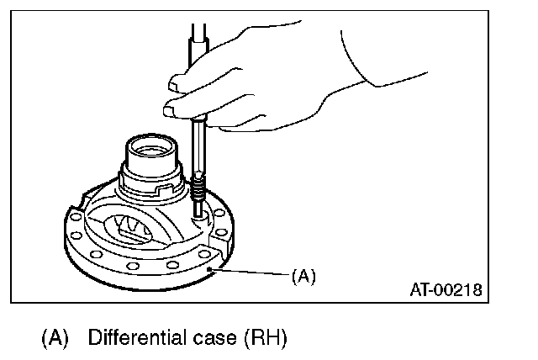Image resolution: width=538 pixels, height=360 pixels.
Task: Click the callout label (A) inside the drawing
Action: pyautogui.click(x=303, y=275)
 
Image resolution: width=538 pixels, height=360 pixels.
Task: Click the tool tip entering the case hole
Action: pyautogui.click(x=200, y=216)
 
